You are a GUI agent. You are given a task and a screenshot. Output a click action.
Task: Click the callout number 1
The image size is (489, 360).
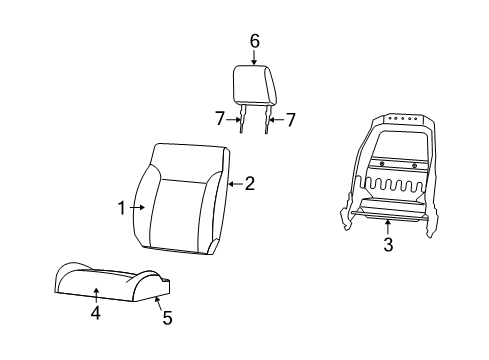tap(122, 208)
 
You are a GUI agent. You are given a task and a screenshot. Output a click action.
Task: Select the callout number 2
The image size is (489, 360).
tap(250, 183)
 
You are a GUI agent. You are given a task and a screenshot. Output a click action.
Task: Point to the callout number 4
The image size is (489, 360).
tap(96, 313)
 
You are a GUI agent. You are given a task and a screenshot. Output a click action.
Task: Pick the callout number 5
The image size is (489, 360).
tap(167, 319)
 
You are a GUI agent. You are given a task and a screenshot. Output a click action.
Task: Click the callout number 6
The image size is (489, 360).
tap(254, 41)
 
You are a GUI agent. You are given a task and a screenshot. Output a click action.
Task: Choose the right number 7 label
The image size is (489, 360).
tap(291, 120)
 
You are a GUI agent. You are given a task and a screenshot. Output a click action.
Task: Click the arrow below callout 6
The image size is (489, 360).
tap(254, 57)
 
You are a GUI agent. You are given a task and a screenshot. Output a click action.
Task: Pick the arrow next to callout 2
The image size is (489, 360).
tap(234, 183)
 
